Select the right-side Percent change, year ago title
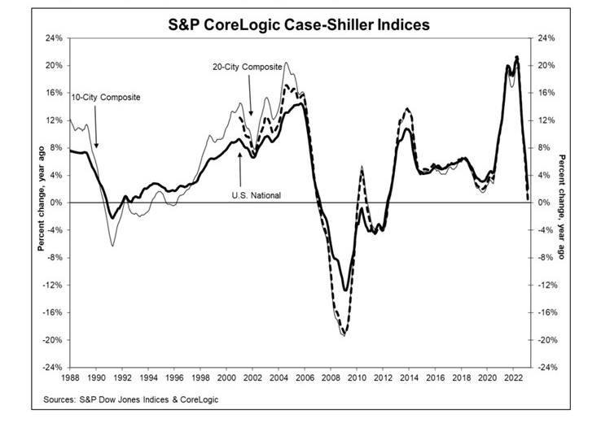563,203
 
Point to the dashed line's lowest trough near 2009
344,334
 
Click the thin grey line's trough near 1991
113,245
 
